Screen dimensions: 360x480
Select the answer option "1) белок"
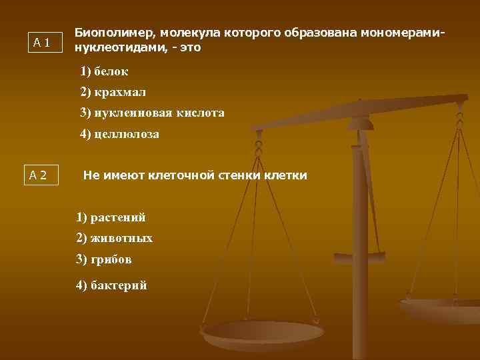(x=104, y=71)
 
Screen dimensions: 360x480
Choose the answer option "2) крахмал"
(x=113, y=92)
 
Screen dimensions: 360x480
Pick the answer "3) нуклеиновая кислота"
(x=152, y=113)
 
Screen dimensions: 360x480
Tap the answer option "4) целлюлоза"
(x=119, y=134)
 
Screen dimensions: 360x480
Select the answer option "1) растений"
(x=111, y=217)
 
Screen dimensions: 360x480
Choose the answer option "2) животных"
(x=114, y=238)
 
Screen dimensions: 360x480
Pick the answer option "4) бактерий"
(x=111, y=285)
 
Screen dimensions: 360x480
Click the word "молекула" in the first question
(x=188, y=33)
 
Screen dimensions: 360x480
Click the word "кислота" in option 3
(x=201, y=113)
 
